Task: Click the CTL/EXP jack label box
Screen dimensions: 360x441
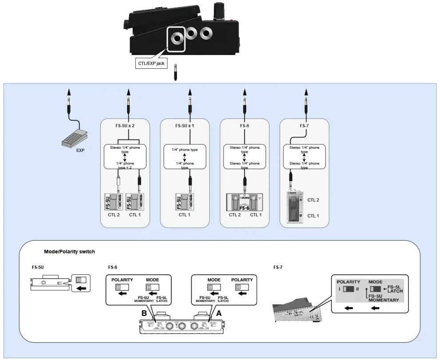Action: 151,63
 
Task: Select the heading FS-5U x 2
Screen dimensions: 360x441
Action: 125,126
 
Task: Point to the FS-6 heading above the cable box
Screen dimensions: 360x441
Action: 244,126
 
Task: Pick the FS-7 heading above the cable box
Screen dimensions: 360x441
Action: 304,126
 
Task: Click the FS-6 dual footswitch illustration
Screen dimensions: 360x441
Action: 244,202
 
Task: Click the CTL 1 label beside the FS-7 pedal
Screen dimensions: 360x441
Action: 314,215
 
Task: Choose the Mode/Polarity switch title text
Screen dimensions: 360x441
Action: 69,252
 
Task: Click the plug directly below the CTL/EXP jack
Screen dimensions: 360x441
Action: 176,72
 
